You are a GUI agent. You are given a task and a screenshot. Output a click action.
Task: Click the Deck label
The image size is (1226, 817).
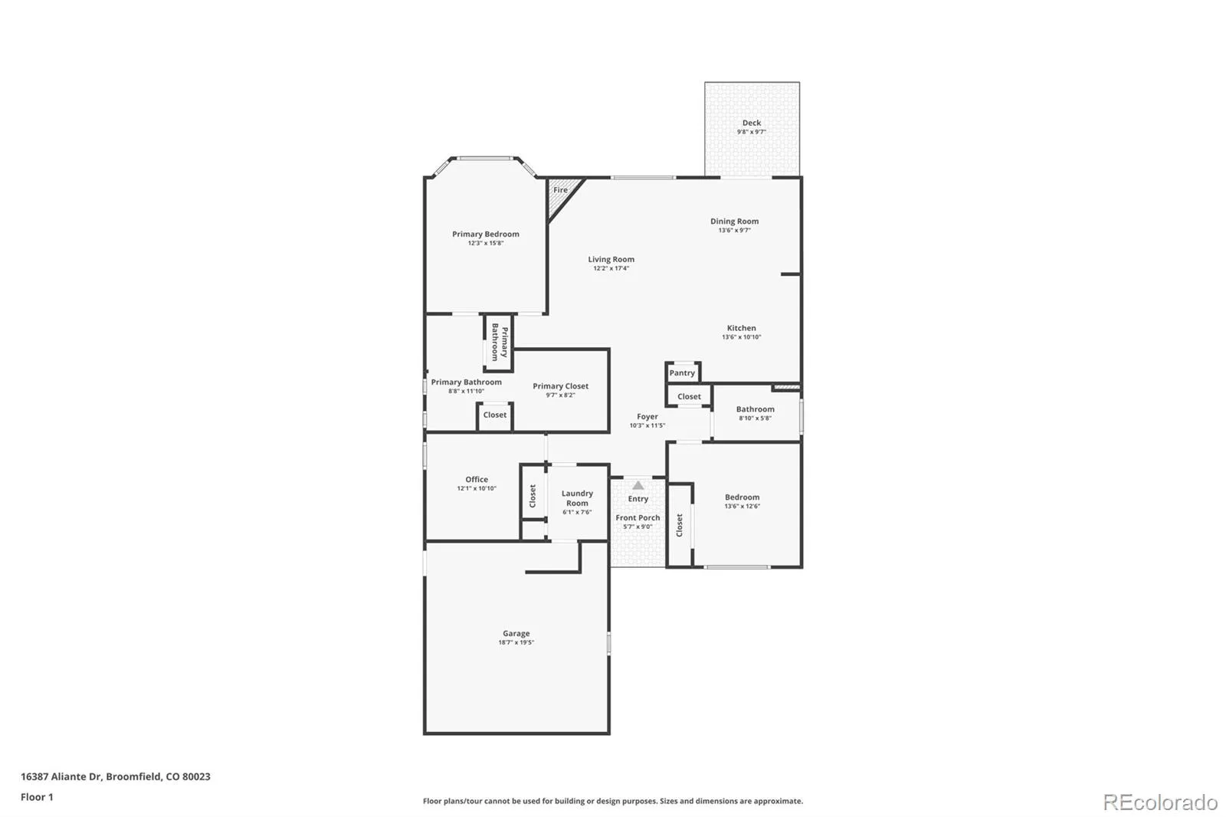752,123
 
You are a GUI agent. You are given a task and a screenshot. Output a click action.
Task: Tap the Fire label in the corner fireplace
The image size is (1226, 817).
560,190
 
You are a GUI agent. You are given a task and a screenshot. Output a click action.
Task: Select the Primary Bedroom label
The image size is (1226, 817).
486,234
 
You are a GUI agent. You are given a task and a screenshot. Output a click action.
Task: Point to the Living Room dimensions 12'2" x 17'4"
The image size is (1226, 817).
611,268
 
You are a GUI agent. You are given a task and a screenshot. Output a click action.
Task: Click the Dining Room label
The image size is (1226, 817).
735,221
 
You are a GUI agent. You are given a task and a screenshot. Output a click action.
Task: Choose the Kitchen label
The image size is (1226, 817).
742,328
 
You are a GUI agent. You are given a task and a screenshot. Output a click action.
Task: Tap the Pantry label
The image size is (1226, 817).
682,373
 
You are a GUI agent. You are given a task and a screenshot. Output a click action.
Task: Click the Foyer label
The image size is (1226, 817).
647,417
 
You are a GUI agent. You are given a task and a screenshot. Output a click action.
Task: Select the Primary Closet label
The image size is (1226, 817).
560,386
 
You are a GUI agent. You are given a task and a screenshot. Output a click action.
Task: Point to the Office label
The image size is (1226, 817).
477,479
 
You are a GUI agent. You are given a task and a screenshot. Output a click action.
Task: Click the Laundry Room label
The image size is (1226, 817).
578,498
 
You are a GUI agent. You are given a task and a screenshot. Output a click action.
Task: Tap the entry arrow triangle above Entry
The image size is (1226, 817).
638,485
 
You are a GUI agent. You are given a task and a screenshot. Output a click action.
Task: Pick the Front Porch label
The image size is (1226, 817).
638,517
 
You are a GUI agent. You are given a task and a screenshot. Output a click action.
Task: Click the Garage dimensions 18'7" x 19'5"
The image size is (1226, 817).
516,642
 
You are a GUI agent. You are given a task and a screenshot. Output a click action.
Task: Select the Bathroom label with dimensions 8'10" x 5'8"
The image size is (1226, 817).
756,409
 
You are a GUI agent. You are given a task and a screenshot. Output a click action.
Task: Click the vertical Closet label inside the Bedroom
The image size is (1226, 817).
679,525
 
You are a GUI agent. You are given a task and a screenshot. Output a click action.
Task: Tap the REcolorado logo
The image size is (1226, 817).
1160,802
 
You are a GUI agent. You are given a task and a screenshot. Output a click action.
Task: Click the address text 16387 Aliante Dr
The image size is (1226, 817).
61,776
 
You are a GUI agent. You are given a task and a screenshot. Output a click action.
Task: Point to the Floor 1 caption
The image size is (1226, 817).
37,797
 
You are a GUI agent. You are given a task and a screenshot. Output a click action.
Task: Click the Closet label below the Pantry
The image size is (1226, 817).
689,396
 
